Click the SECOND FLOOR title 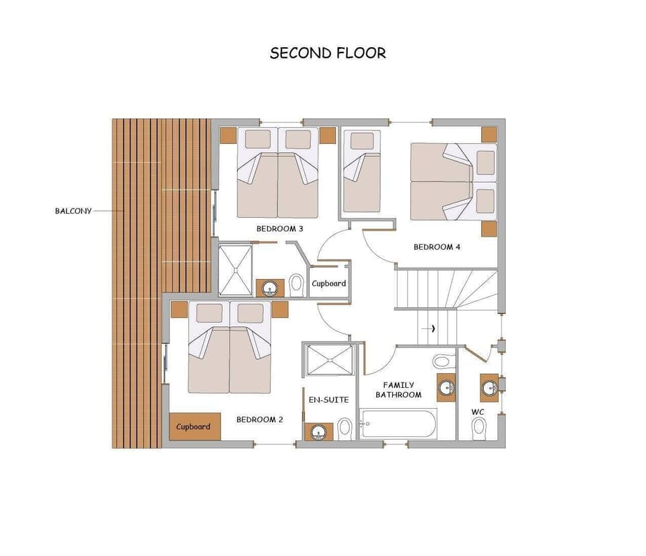click(x=328, y=53)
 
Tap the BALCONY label click(x=73, y=210)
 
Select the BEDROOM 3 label click(x=279, y=229)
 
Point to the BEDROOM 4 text click(x=437, y=247)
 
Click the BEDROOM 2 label click(x=259, y=420)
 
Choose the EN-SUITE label click(x=328, y=400)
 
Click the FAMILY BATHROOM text click(x=398, y=390)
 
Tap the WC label click(x=478, y=411)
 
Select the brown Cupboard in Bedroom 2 click(x=194, y=426)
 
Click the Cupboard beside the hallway click(x=328, y=284)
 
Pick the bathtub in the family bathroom click(x=398, y=424)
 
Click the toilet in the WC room click(x=479, y=427)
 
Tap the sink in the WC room click(x=490, y=387)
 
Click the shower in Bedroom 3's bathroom click(x=236, y=270)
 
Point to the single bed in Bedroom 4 click(x=362, y=171)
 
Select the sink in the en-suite click(x=318, y=430)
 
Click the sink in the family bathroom click(x=445, y=387)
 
